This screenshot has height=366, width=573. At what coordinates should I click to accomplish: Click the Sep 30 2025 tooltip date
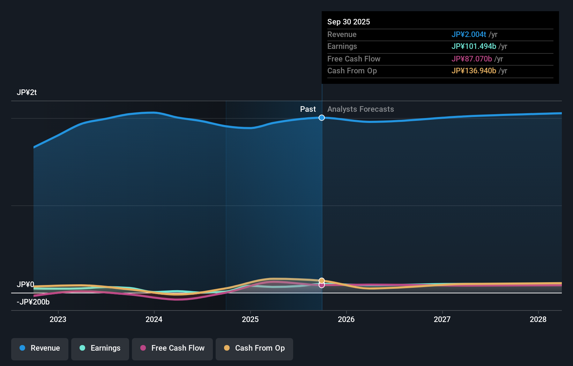pos(348,22)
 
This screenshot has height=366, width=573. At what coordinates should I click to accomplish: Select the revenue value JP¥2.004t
pos(468,34)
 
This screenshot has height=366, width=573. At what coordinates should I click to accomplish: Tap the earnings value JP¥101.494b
pos(474,46)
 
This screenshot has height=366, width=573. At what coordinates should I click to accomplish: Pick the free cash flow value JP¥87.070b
pos(471,59)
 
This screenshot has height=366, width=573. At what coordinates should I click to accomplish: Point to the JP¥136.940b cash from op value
pos(474,71)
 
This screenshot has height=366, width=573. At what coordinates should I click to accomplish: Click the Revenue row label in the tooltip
pos(342,34)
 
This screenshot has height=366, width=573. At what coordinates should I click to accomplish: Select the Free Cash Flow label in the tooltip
pos(354,59)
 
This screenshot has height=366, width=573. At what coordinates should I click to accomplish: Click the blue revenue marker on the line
pos(322,118)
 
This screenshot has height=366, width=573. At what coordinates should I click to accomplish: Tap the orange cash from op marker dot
pos(322,280)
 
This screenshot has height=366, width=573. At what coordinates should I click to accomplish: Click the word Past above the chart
pos(308,109)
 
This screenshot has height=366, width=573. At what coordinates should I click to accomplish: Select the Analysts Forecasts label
pos(360,109)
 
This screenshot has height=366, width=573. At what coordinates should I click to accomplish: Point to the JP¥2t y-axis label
pos(27,92)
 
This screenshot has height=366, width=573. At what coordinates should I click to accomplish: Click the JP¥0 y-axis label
pos(25,284)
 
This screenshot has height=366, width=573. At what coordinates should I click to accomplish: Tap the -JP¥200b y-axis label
pos(33,302)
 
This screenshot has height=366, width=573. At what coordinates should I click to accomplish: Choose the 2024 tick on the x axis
pos(154,319)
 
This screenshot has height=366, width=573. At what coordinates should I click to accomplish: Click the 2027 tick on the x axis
pos(442,319)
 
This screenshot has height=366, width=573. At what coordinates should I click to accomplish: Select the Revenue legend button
pos(40,348)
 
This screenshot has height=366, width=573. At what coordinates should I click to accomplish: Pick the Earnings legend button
pos(100,348)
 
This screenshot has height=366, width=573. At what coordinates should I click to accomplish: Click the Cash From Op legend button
pos(254,348)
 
